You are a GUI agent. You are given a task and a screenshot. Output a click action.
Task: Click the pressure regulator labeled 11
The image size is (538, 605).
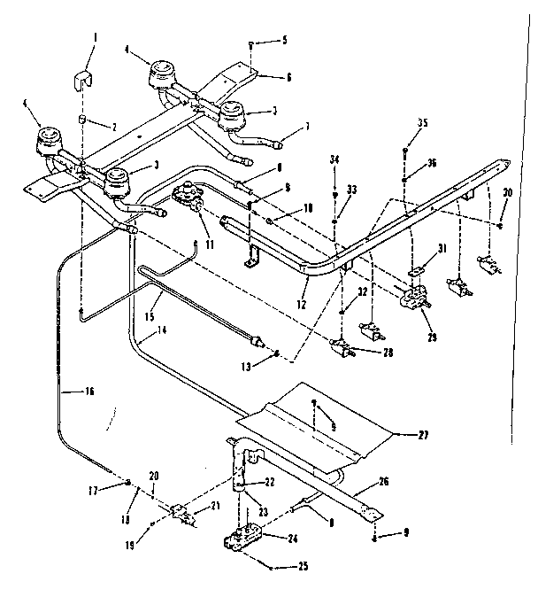point(188,200)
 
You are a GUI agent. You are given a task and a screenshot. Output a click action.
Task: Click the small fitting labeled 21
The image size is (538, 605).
point(187,513)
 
